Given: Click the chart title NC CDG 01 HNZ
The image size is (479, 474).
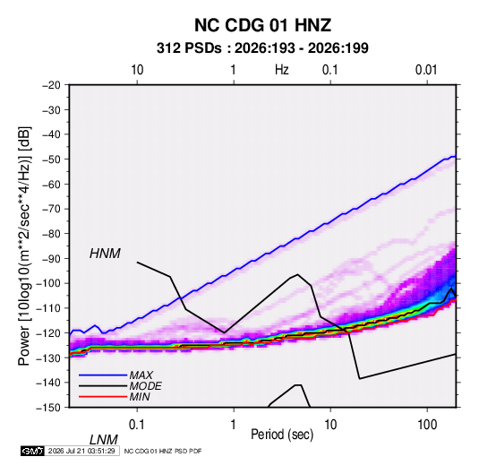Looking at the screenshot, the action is [262, 25].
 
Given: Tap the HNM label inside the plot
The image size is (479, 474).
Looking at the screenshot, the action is [105, 254].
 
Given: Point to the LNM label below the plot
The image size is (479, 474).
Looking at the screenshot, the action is [103, 440].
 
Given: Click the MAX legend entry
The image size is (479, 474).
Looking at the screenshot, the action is [141, 375].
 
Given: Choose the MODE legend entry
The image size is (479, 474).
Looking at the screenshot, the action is [145, 386].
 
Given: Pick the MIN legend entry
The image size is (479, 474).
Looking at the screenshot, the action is [140, 397].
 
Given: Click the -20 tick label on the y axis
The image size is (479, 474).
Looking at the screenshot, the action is [51, 85].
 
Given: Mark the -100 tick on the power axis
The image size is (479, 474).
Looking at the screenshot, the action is [48, 283].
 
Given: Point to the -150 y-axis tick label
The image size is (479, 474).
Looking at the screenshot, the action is [48, 408].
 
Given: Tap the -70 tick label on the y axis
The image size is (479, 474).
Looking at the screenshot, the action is [51, 209].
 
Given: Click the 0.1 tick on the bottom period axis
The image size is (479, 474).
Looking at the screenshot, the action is [136, 425].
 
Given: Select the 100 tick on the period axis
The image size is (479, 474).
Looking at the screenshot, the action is [427, 425].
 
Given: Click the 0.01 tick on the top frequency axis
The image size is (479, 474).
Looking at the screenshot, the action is [426, 70].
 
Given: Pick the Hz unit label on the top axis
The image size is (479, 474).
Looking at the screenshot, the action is [282, 70].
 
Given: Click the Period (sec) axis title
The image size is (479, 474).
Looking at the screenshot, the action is [282, 435].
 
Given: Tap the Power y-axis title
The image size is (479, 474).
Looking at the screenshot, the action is [24, 246].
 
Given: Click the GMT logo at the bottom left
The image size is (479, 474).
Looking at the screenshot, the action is [32, 451].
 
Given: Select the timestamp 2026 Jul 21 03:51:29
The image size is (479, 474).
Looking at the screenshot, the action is [81, 451].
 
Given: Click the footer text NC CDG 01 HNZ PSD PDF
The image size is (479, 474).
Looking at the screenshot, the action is [163, 451].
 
